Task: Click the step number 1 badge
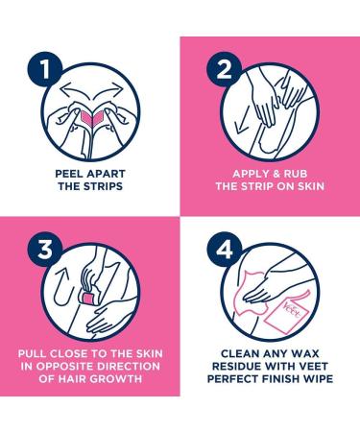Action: tap(44, 69)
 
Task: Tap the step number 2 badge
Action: tap(224, 69)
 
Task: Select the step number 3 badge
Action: tap(44, 250)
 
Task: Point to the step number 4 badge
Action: tap(224, 250)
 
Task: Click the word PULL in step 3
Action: tap(33, 353)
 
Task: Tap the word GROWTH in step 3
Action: tap(116, 379)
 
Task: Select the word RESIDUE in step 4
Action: tap(236, 366)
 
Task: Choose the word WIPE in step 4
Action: tap(318, 379)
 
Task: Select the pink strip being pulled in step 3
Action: tap(87, 299)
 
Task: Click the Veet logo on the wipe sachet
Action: tap(292, 310)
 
